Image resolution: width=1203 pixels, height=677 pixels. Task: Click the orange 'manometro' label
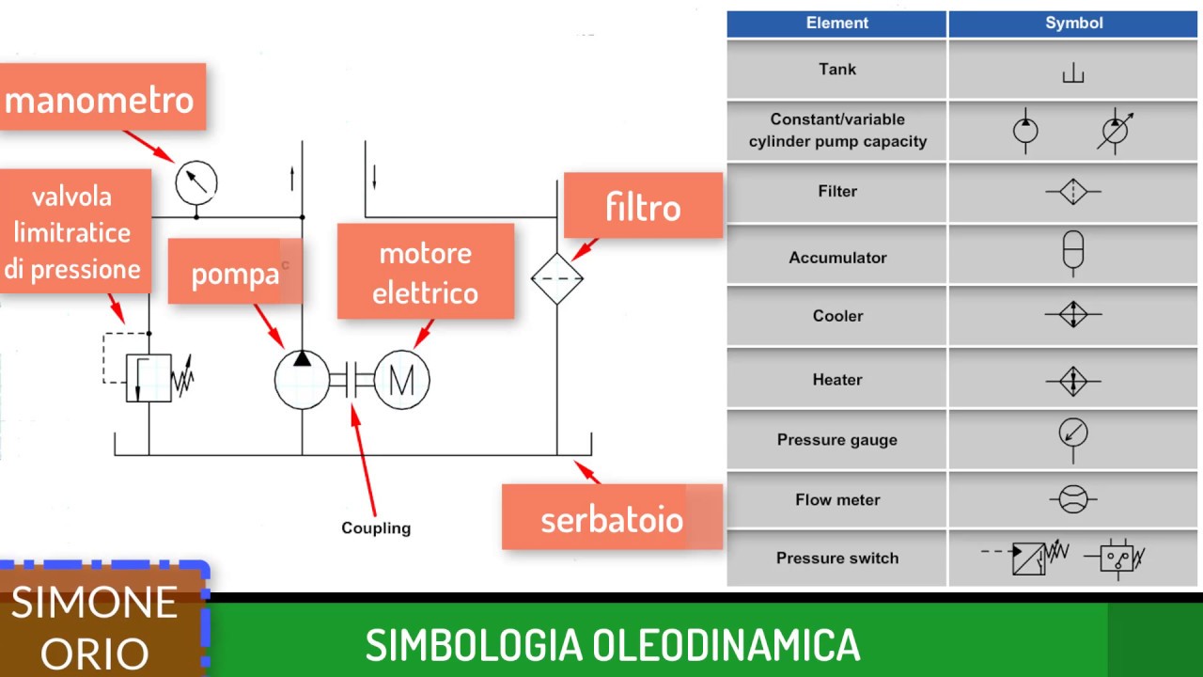coord(102,98)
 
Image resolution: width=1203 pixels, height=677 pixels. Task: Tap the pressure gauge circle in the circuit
coord(196,181)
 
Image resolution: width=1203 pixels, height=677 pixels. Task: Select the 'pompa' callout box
coord(235,272)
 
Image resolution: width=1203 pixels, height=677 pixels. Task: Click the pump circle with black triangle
coord(302,380)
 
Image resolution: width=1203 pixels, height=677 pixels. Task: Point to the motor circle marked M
coord(401,380)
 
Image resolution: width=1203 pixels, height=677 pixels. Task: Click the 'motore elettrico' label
coord(425,272)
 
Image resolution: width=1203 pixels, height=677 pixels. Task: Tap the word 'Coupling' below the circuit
coord(376,527)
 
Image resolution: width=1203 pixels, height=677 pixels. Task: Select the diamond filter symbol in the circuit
coord(557,278)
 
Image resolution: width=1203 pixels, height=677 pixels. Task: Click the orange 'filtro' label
coord(643,206)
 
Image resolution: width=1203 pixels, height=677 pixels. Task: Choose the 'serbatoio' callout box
coord(612,517)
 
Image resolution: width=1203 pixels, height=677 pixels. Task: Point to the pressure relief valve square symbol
coord(148,378)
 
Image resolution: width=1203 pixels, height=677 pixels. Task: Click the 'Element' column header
coord(836,24)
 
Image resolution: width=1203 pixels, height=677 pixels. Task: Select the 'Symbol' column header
coord(1073,24)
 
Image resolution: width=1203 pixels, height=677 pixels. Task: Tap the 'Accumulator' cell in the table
coord(836,258)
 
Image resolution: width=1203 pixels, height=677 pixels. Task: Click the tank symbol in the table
coord(1073,73)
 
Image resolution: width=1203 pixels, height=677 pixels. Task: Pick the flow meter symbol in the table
coord(1073,499)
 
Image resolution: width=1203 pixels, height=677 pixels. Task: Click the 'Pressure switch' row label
coord(836,558)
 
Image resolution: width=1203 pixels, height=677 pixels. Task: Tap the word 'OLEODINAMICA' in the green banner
coord(726,645)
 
